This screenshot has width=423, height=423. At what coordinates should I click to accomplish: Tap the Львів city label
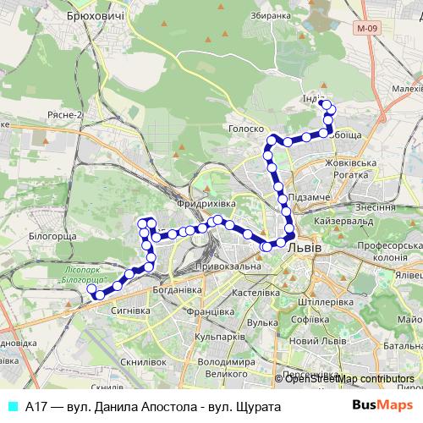point(305,248)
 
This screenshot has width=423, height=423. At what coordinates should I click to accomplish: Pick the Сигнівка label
point(130,310)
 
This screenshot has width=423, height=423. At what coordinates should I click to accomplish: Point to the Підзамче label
point(304,197)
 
